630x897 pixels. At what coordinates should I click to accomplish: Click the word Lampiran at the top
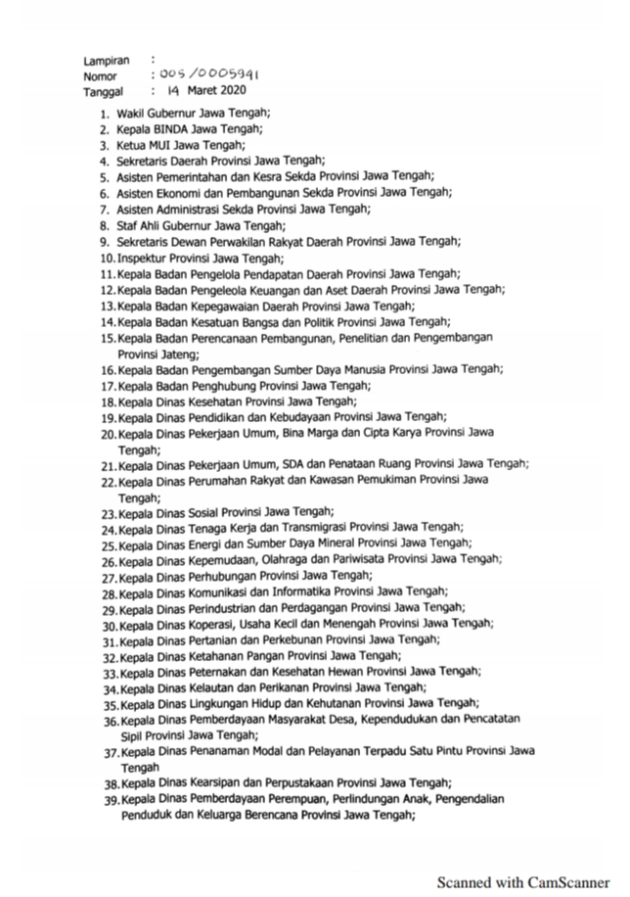click(x=106, y=61)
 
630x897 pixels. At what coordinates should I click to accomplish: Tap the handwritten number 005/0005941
click(x=204, y=75)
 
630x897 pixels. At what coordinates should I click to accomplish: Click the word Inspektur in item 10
click(x=144, y=258)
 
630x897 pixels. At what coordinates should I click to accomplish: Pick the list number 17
click(x=108, y=386)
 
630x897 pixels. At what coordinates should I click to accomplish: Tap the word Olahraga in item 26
click(x=290, y=559)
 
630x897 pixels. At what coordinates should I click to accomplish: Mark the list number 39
click(x=110, y=800)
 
